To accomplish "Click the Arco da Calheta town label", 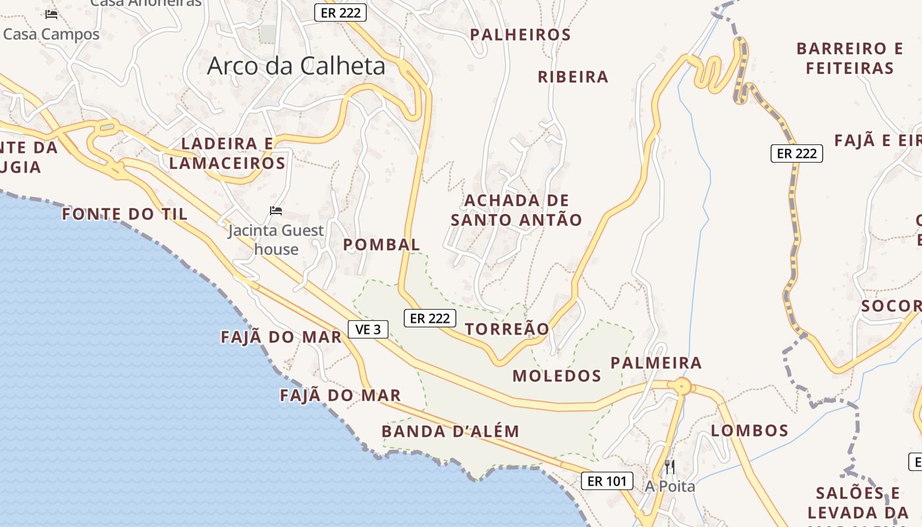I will [x=296, y=66].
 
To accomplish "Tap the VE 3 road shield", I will [x=368, y=329].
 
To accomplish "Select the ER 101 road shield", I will [x=607, y=481].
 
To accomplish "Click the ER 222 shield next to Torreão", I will [x=430, y=318].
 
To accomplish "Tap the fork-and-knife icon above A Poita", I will [x=670, y=467].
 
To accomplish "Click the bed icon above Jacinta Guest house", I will [x=276, y=211].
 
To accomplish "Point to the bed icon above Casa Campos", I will [x=51, y=14].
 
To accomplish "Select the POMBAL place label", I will [x=381, y=244].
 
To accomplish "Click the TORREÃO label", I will [x=507, y=329].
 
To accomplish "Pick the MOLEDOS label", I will [x=557, y=376].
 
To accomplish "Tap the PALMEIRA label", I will [x=656, y=363].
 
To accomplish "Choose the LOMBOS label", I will [x=750, y=431].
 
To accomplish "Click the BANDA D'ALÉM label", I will [x=450, y=431].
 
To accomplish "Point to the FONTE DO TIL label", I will [x=125, y=214].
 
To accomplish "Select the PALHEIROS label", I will [x=520, y=34].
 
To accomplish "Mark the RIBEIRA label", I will [x=573, y=77].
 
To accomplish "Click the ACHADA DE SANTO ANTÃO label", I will [x=516, y=210].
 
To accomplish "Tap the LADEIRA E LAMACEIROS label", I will [x=228, y=153].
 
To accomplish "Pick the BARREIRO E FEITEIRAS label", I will [x=850, y=58].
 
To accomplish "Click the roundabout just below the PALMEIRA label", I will [x=683, y=386].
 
